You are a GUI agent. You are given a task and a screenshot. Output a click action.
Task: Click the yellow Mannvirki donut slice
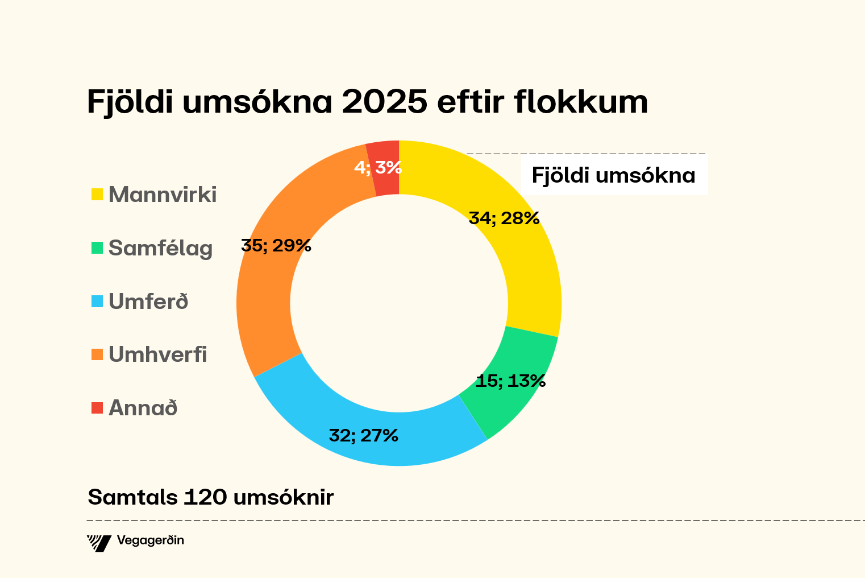pyautogui.click(x=529, y=267)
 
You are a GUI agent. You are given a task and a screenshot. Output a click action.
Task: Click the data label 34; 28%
pyautogui.click(x=504, y=218)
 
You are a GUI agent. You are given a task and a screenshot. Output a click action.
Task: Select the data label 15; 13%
pyautogui.click(x=510, y=381)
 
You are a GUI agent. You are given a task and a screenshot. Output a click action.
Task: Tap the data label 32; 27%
pyautogui.click(x=364, y=436)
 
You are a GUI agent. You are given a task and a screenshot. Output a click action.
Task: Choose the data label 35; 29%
pyautogui.click(x=276, y=246)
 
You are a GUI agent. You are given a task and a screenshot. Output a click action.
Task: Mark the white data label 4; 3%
pyautogui.click(x=378, y=168)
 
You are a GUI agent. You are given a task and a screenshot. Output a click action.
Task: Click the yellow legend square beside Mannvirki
pyautogui.click(x=97, y=195)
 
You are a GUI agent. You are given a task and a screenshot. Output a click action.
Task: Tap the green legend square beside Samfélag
pyautogui.click(x=97, y=248)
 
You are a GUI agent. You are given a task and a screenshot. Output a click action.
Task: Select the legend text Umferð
pyautogui.click(x=148, y=302)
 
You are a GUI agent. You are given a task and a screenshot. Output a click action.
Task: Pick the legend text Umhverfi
pyautogui.click(x=157, y=354)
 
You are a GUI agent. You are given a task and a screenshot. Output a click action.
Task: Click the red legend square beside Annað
pyautogui.click(x=97, y=408)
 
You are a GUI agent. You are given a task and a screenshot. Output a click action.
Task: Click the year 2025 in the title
pyautogui.click(x=384, y=102)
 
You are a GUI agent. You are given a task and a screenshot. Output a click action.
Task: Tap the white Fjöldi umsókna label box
pyautogui.click(x=614, y=176)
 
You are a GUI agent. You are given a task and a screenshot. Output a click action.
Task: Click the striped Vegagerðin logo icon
pyautogui.click(x=99, y=543)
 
